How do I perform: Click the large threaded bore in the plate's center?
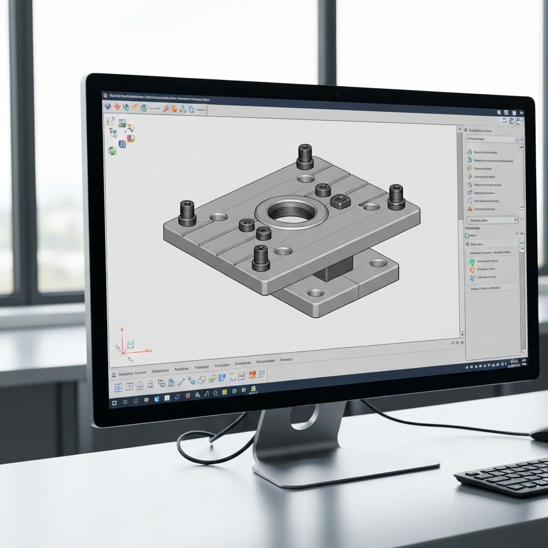[292, 212]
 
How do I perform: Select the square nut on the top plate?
[340, 201]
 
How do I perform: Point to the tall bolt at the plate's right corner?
[395, 196]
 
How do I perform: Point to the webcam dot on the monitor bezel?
[338, 94]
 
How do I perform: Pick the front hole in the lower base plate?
[316, 293]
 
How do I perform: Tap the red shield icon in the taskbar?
[187, 395]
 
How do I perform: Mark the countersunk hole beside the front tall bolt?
[283, 250]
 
